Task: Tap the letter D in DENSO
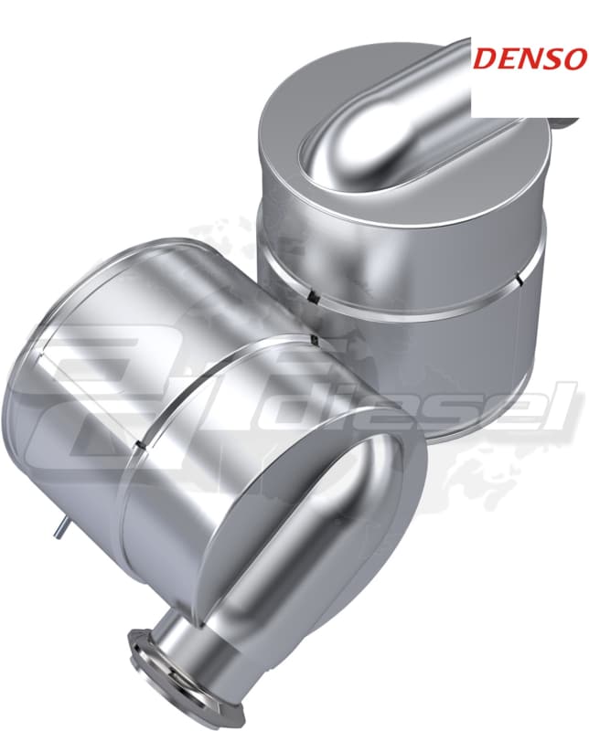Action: pyautogui.click(x=487, y=58)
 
